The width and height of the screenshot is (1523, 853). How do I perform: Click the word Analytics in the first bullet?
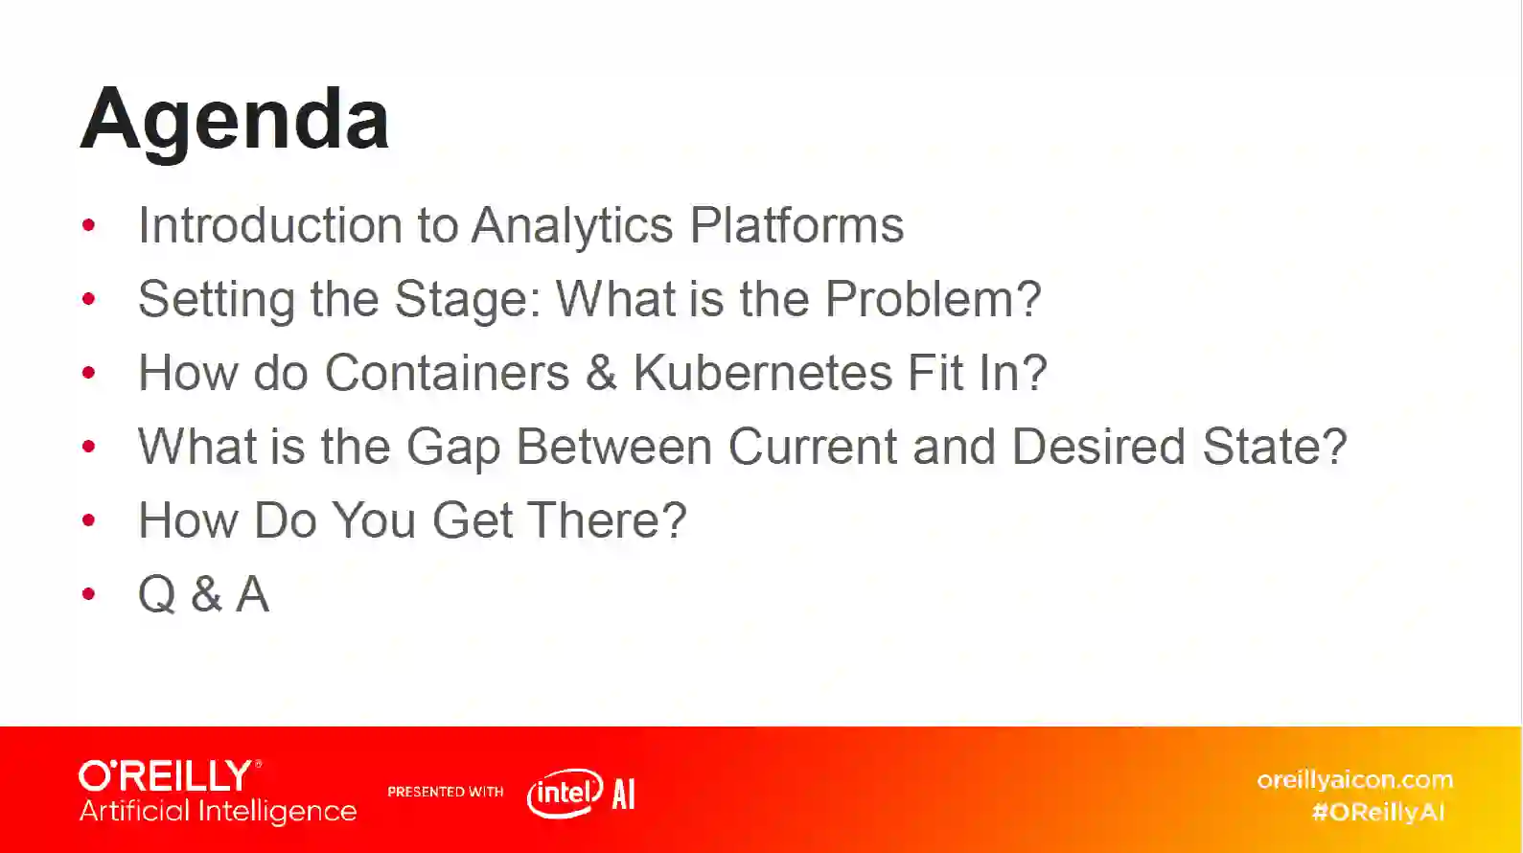point(572,225)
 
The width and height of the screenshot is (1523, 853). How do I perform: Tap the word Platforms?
point(796,224)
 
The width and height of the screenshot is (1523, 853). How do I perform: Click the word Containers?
point(447,373)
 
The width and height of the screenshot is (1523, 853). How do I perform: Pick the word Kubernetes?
point(762,373)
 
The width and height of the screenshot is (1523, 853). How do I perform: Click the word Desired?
point(1098,447)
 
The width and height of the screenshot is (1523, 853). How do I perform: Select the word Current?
point(813,447)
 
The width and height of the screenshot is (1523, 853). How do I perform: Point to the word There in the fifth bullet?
point(607,520)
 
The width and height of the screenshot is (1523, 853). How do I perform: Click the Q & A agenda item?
point(203,594)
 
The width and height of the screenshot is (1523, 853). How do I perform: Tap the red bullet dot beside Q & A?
point(88,594)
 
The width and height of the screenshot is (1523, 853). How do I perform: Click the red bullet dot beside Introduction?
point(88,225)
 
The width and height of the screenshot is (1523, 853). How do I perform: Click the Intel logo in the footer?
point(565,794)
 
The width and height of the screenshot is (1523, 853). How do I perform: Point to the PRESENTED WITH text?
point(446,792)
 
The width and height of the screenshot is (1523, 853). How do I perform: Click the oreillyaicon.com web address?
point(1354,779)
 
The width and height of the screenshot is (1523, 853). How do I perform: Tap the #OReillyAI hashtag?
point(1378,812)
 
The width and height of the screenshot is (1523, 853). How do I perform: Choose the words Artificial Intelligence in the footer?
point(218,812)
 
